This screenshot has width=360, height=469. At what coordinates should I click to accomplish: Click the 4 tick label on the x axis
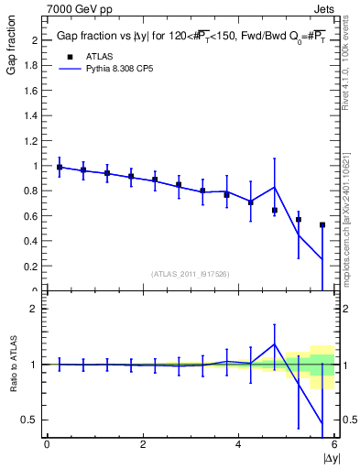tap(239, 444)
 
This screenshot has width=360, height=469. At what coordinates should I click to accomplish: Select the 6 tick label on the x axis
tap(334, 444)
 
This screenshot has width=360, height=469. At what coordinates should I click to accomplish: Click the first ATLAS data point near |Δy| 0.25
tap(60, 168)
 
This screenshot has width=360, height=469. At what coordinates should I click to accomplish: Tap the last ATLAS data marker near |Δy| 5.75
tap(322, 224)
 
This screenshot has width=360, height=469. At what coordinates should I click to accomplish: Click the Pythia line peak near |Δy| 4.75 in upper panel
tap(275, 187)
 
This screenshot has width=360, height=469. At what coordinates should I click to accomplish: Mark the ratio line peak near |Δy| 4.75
tap(275, 344)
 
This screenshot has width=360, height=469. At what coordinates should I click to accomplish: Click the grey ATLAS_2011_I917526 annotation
tap(190, 274)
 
